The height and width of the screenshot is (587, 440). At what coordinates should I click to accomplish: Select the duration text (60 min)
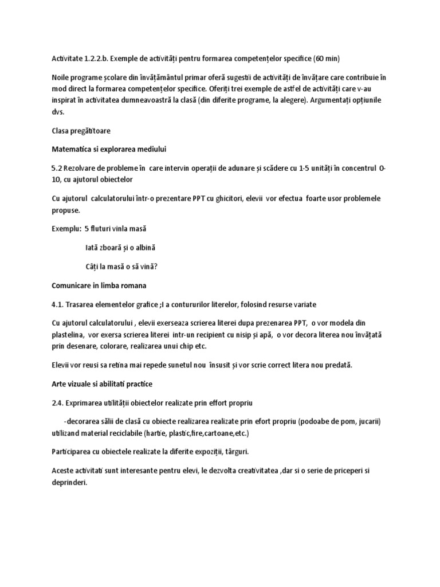[x=331, y=58]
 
